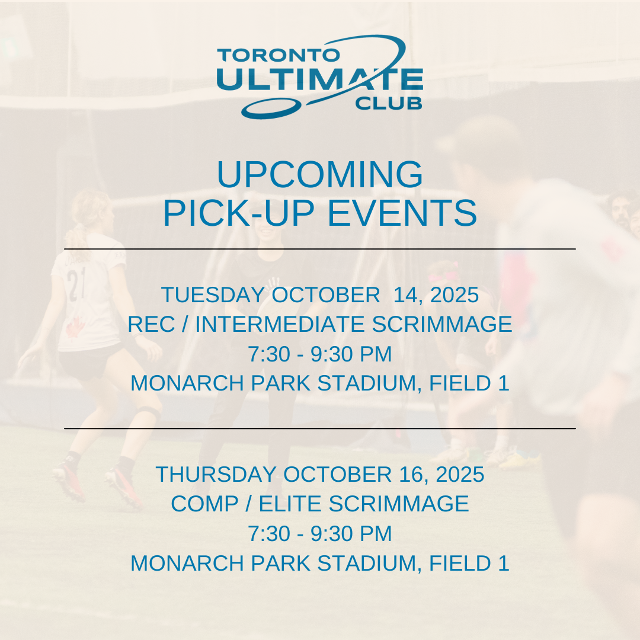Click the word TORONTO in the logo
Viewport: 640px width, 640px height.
click(x=279, y=55)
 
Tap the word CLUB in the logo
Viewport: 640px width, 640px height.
click(x=389, y=103)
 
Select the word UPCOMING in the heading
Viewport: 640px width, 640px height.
click(x=320, y=174)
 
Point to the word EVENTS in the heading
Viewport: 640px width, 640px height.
click(x=402, y=213)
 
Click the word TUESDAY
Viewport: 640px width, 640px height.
click(x=213, y=295)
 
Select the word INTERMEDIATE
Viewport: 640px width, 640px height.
click(x=279, y=324)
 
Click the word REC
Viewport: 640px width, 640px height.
click(x=151, y=324)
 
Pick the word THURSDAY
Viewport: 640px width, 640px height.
click(x=216, y=474)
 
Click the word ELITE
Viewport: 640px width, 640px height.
click(x=290, y=504)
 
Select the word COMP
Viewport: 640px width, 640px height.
click(x=204, y=504)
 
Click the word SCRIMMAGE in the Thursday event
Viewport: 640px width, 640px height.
click(x=399, y=504)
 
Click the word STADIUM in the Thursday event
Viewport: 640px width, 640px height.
click(x=370, y=564)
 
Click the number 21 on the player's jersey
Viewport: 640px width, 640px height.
click(x=76, y=284)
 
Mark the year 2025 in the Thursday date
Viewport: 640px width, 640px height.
click(x=460, y=474)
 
